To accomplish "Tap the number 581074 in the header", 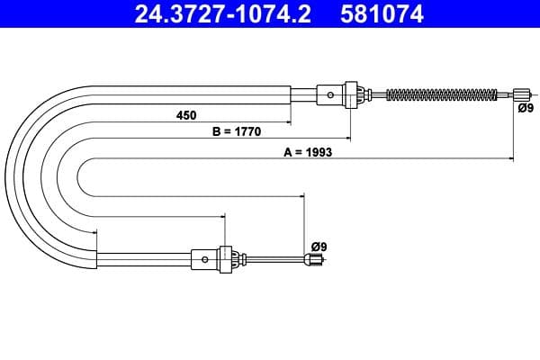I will pyautogui.click(x=380, y=14).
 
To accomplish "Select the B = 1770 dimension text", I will pyautogui.click(x=236, y=131).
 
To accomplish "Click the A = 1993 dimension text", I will pyautogui.click(x=309, y=152).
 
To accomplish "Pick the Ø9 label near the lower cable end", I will pyautogui.click(x=319, y=246).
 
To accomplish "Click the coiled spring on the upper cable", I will pyautogui.click(x=441, y=94).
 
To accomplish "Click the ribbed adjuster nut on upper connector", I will pyautogui.click(x=354, y=94).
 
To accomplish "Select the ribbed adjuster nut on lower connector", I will pyautogui.click(x=228, y=259).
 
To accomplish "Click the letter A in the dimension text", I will pyautogui.click(x=288, y=152).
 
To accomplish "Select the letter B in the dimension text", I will pyautogui.click(x=216, y=131).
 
